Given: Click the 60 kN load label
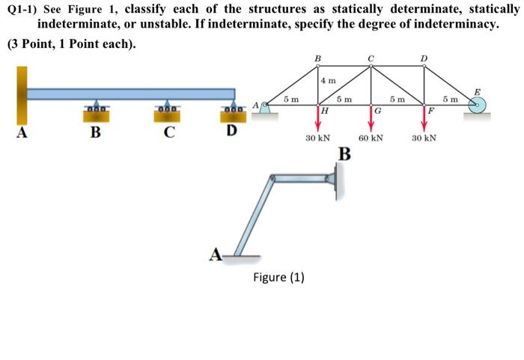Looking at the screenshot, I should point(371,138).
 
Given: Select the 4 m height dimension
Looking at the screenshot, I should point(329,79).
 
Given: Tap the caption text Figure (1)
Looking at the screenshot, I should point(278,277).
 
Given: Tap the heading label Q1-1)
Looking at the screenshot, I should point(20,10).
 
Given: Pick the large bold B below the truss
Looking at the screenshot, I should point(344,155).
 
